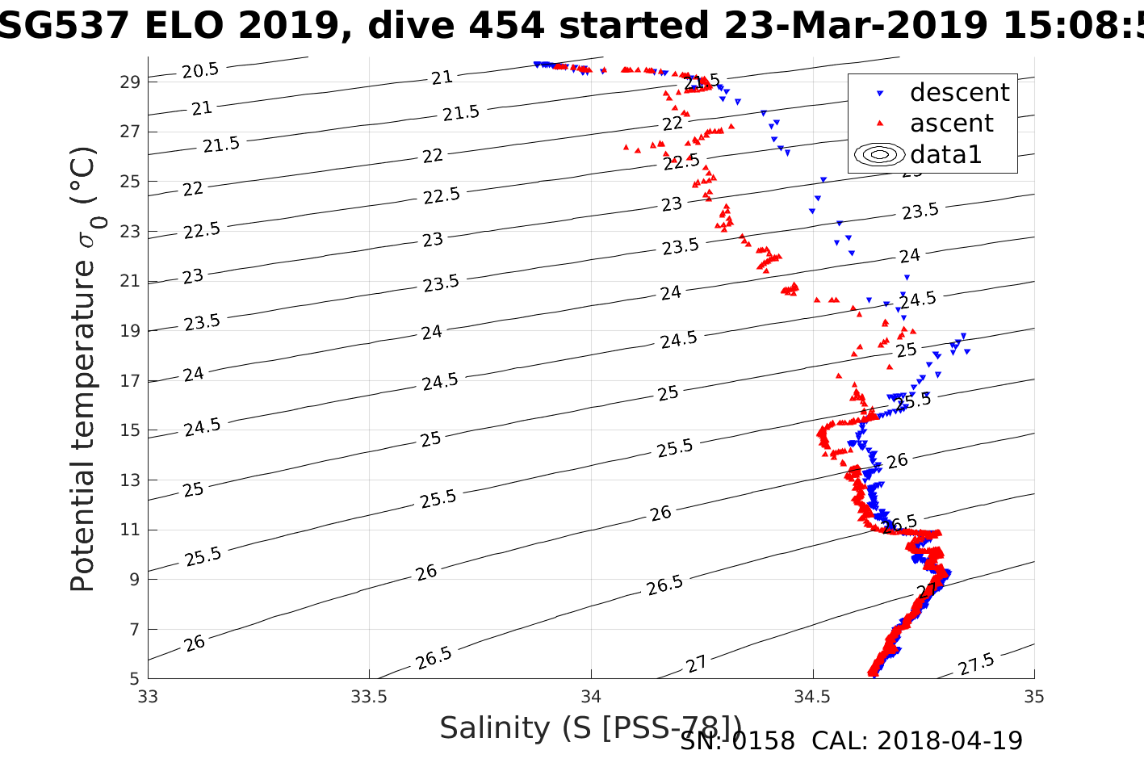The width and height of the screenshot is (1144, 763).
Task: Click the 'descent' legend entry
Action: (959, 93)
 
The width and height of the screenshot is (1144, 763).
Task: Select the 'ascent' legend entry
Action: (951, 124)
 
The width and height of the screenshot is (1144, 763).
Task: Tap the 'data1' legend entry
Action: (945, 154)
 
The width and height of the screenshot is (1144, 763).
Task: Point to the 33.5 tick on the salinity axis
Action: (370, 696)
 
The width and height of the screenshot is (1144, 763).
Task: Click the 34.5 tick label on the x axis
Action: (813, 696)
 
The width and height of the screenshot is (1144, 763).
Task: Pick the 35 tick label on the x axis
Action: (1034, 696)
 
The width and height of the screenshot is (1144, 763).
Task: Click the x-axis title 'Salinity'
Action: (496, 728)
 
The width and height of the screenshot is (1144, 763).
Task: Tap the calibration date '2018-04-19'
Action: (949, 740)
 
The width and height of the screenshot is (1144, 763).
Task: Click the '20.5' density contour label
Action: (199, 71)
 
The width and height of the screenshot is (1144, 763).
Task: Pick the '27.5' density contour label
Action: (976, 665)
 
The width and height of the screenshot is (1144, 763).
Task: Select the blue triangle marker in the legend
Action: (880, 94)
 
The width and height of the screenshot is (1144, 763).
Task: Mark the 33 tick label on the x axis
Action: (148, 696)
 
